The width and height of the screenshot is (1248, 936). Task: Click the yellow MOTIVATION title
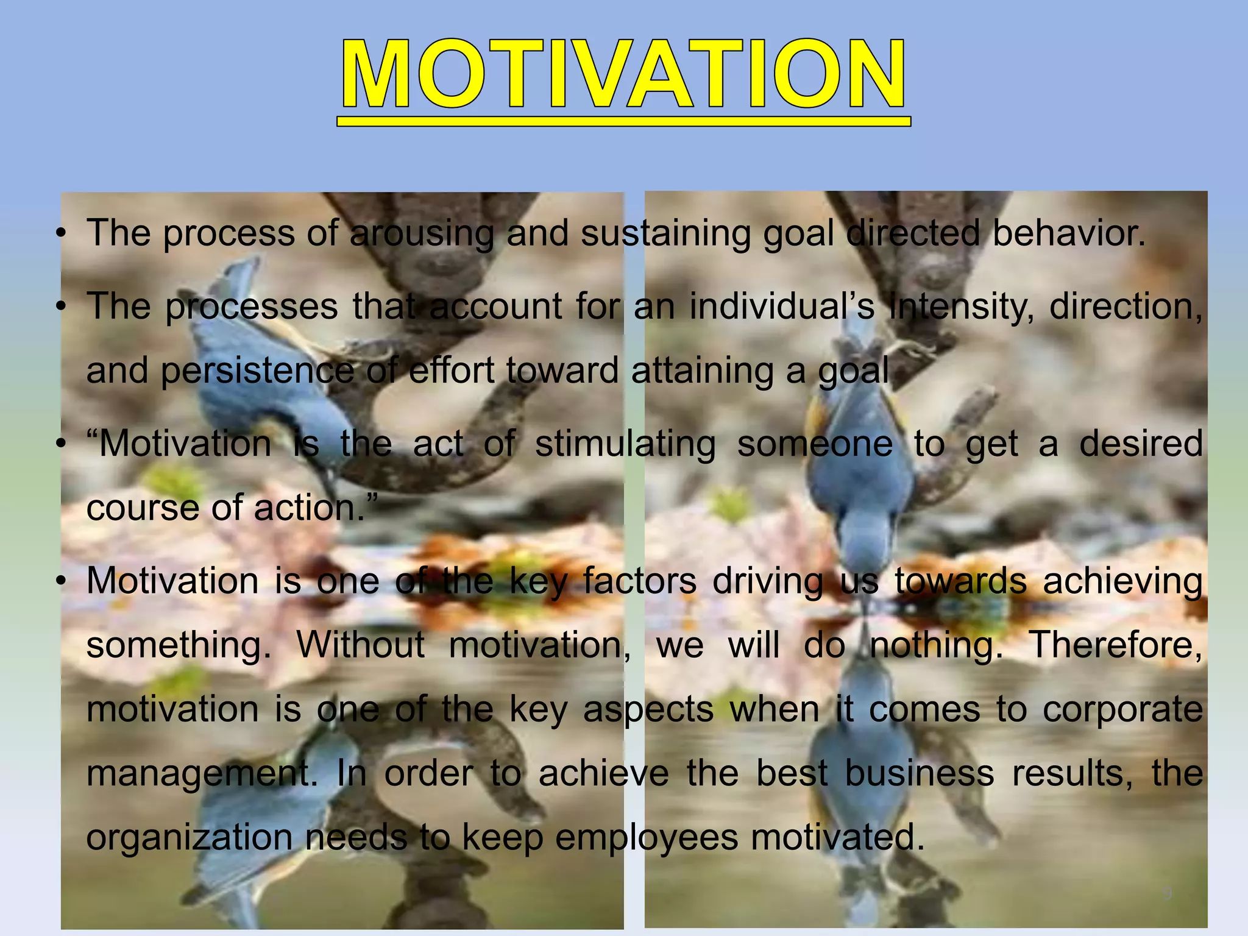tap(623, 76)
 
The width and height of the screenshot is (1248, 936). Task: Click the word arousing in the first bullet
tap(422, 233)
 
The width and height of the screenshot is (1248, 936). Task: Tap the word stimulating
tap(625, 444)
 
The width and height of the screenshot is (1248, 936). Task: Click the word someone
tap(815, 444)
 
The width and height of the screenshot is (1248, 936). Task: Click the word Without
tap(360, 645)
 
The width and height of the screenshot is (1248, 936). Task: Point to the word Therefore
tap(1115, 645)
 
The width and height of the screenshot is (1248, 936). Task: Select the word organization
tap(190, 838)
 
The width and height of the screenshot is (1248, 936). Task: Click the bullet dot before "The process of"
tap(60, 234)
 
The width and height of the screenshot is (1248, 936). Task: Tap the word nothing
tap(936, 645)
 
